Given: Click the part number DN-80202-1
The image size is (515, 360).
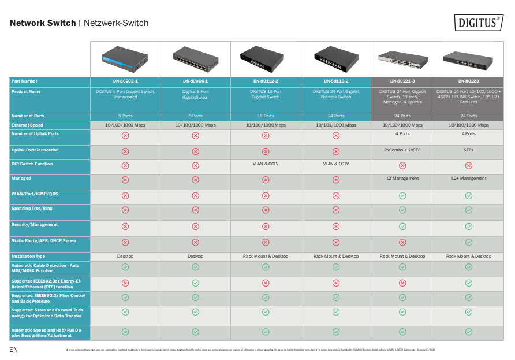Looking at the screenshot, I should pos(125,81).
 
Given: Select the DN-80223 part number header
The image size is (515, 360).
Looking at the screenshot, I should pos(469,81).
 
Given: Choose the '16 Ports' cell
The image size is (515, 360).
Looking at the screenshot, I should pos(266,116).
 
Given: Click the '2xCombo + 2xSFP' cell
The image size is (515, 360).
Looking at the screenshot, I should pos(402,150).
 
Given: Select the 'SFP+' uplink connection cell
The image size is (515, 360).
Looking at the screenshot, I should pos(469,150).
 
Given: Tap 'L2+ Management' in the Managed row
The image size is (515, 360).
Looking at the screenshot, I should pos(469,179).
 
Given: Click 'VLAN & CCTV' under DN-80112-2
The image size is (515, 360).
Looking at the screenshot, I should pos(266,164).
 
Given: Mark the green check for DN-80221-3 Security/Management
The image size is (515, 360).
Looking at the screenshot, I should pos(402,227).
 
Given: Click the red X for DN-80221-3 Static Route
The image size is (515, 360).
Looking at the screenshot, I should pos(402,243).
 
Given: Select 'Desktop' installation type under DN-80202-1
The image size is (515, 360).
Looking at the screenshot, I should pos(125,256).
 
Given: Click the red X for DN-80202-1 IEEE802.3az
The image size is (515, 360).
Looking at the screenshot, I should pos(125,283).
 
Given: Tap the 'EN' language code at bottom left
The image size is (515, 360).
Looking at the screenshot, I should pos(13,350).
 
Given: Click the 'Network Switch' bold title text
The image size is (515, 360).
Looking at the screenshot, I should pos(43,24).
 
